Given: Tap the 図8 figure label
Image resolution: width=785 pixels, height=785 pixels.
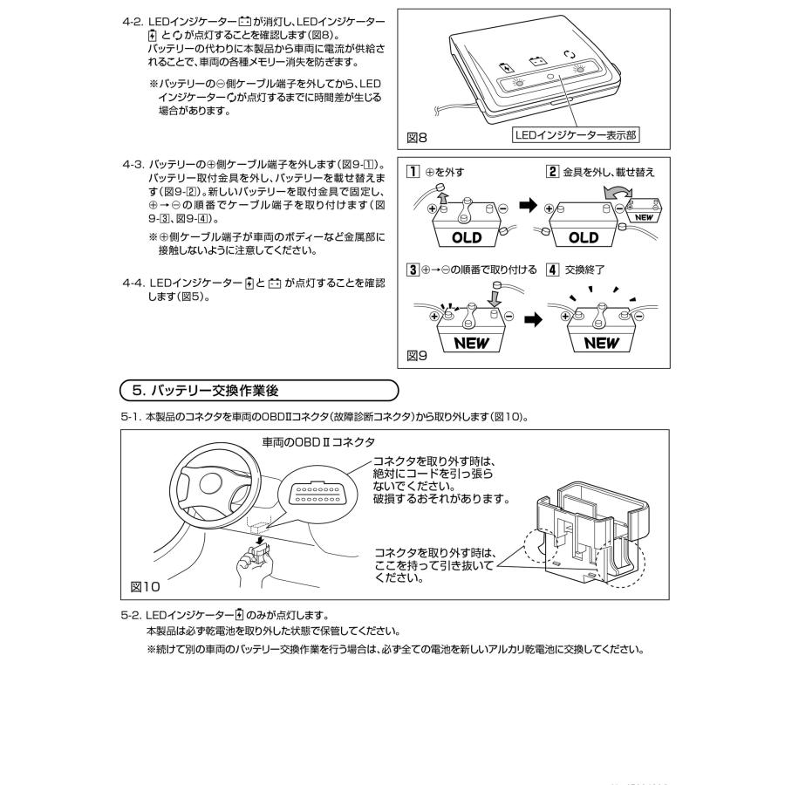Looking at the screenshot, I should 418,138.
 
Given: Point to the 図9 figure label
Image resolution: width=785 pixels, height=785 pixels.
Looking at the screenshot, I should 418,355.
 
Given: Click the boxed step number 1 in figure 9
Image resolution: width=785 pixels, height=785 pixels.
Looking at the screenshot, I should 413,172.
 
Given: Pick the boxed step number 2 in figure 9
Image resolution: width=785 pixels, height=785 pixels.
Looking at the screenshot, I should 552,172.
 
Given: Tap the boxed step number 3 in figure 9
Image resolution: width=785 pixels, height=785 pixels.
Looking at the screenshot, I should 413,270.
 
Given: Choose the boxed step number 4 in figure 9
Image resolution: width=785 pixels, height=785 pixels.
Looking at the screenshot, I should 552,270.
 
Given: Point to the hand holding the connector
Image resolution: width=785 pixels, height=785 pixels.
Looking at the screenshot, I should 258,567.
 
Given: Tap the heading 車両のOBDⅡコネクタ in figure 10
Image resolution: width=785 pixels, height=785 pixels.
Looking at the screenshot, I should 318,443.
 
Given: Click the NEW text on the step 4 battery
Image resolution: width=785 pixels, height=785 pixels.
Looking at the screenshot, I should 601,343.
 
